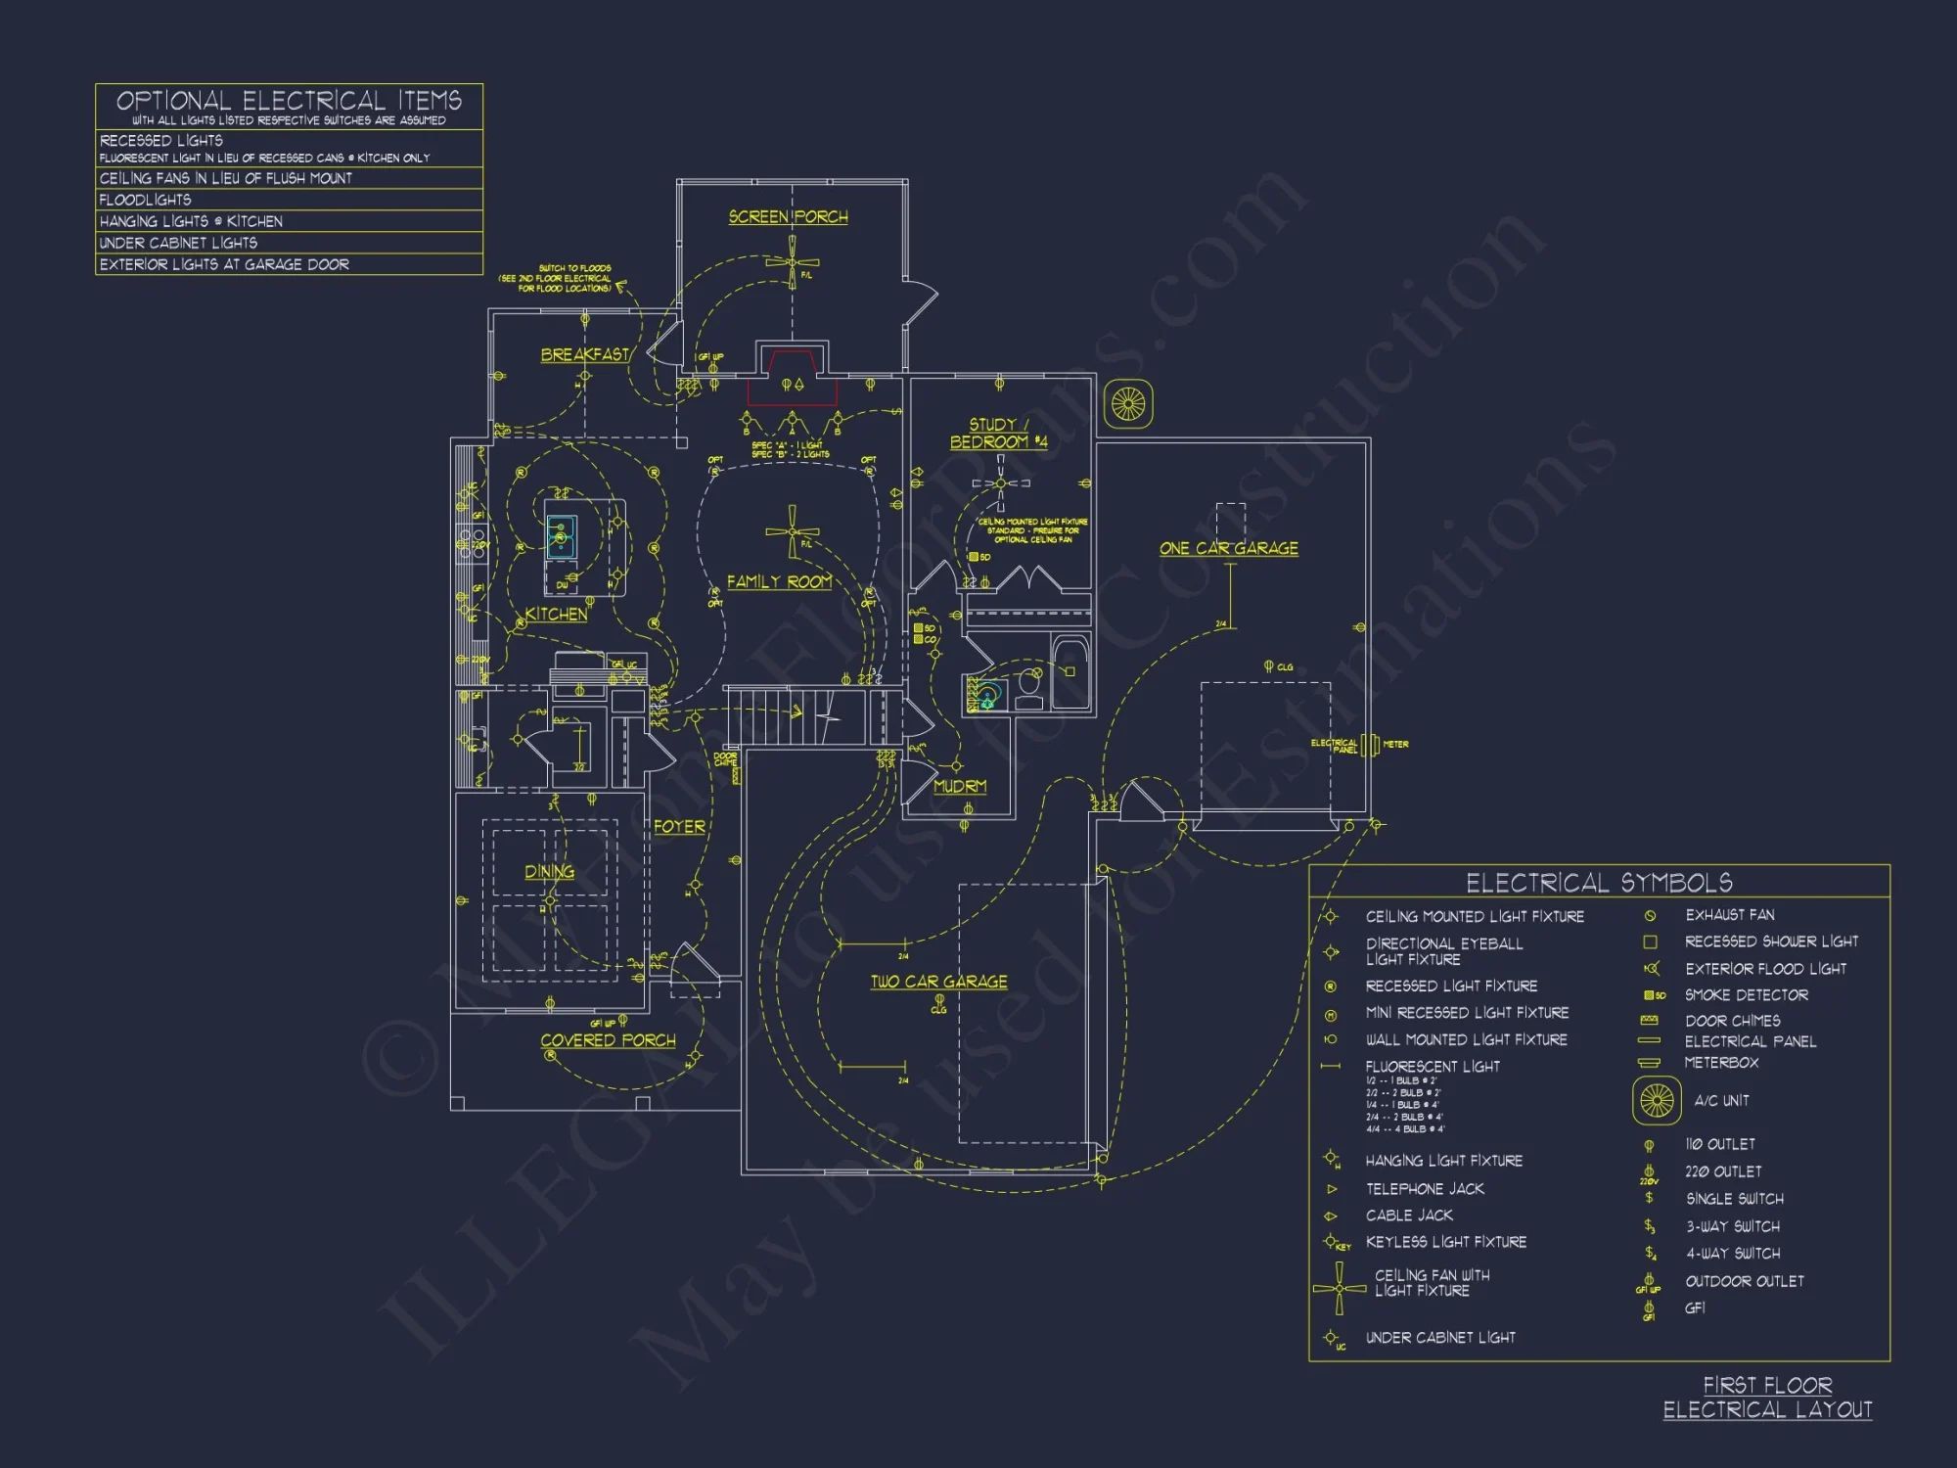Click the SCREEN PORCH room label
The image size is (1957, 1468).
[x=788, y=217]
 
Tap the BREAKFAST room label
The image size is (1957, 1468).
[x=585, y=354]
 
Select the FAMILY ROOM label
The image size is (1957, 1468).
[x=779, y=581]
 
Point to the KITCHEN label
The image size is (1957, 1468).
[x=556, y=614]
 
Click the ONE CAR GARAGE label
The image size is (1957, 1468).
[x=1229, y=548]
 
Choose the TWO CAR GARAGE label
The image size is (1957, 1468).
[x=938, y=982]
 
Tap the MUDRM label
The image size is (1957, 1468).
[x=959, y=786]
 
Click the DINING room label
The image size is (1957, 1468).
[x=549, y=871]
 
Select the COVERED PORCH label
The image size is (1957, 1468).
[x=608, y=1040]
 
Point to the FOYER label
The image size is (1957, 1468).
[x=679, y=827]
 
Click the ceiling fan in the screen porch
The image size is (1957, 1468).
[x=793, y=262]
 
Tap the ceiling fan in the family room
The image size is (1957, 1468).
[x=792, y=531]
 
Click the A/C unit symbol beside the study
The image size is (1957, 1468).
[x=1128, y=403]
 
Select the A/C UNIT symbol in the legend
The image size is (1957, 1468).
[x=1657, y=1101]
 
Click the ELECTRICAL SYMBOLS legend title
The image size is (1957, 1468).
[x=1599, y=883]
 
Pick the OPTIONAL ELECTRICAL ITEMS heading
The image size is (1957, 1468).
[x=289, y=101]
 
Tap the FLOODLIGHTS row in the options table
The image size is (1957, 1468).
[x=146, y=200]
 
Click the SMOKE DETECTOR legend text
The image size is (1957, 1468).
[x=1746, y=995]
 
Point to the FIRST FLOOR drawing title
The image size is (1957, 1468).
[x=1767, y=1385]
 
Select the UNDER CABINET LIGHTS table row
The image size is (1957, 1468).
[x=178, y=243]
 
